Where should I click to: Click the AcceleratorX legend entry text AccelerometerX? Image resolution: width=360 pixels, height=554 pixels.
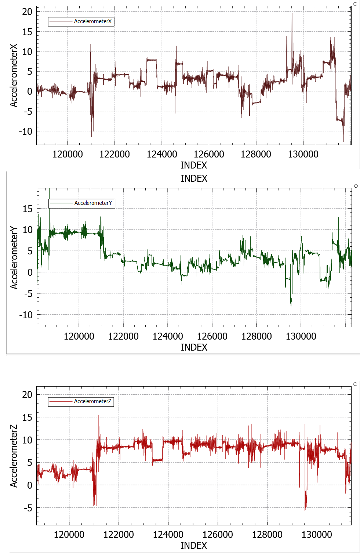click(x=92, y=21)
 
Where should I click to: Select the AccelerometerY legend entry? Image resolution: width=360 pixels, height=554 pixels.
click(x=93, y=203)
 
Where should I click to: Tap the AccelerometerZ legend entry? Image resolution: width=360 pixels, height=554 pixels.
click(x=92, y=401)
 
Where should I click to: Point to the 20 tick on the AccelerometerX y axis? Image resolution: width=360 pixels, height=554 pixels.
click(x=27, y=12)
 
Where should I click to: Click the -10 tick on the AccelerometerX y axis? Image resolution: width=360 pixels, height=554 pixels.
click(x=26, y=131)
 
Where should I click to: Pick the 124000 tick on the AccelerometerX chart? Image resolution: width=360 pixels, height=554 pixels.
click(x=162, y=154)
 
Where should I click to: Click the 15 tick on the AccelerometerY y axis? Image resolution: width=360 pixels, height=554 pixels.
click(x=28, y=209)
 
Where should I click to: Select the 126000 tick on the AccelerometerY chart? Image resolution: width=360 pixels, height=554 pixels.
click(x=212, y=336)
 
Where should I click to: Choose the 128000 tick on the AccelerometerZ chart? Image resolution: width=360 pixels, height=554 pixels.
click(x=267, y=535)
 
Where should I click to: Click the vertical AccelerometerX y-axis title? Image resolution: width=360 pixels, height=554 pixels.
click(x=14, y=76)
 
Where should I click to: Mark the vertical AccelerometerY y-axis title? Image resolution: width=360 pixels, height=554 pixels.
click(x=14, y=257)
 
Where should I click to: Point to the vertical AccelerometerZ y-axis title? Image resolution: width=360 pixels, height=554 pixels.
click(x=14, y=456)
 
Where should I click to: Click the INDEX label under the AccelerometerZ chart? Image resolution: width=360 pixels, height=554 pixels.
click(x=194, y=546)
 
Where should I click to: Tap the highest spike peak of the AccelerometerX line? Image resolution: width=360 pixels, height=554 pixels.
click(x=292, y=14)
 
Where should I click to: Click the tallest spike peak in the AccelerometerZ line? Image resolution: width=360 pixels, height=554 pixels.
click(x=99, y=416)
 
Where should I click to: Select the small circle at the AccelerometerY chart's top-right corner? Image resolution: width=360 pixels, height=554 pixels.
click(x=356, y=186)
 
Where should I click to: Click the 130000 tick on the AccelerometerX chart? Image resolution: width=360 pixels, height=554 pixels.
click(x=303, y=154)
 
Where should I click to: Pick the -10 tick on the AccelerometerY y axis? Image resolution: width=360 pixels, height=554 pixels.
click(x=26, y=315)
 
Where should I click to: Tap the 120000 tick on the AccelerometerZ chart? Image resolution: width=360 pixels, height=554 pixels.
click(x=69, y=535)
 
